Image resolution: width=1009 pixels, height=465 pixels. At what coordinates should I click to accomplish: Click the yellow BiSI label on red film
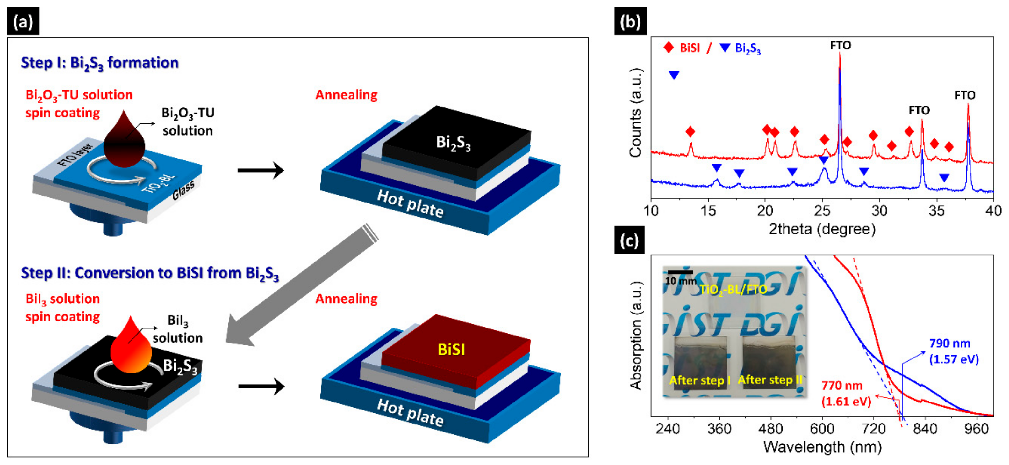tap(451, 349)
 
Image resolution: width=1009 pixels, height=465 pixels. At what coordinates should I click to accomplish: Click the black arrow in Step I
tap(261, 170)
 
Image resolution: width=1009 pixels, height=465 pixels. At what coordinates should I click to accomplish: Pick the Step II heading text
tap(150, 273)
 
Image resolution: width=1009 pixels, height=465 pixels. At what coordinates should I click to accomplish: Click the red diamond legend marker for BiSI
tap(669, 48)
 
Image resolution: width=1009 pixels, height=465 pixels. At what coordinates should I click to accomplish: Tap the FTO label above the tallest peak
tap(841, 46)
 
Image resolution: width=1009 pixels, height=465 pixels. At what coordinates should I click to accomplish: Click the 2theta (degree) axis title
tap(822, 229)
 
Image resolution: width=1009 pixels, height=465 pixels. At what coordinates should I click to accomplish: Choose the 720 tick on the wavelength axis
tap(873, 429)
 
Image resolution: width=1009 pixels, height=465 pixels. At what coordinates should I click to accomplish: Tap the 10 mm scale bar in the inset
tap(680, 272)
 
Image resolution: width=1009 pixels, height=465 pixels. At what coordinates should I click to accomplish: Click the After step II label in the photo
tap(770, 380)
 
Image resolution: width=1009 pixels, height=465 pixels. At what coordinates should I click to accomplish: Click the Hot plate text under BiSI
tap(410, 412)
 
